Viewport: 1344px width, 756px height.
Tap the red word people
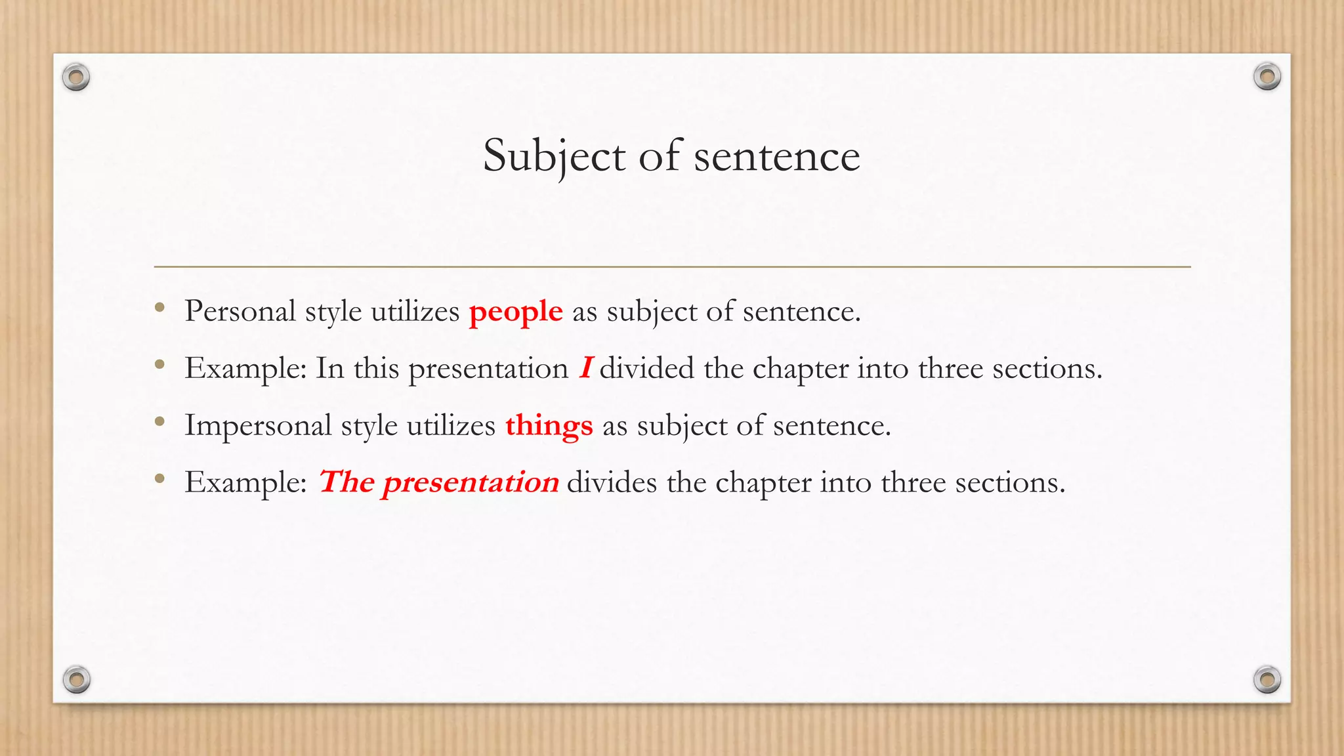(x=516, y=311)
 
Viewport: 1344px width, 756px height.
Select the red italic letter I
(x=586, y=367)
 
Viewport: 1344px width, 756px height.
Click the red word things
(x=549, y=425)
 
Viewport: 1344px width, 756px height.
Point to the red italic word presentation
(x=471, y=482)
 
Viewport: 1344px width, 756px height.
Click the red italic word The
(x=346, y=482)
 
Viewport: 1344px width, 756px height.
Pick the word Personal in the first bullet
(x=240, y=311)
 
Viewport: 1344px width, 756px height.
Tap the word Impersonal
(x=258, y=425)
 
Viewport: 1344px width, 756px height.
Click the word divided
(x=646, y=368)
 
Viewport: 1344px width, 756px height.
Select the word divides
(x=612, y=482)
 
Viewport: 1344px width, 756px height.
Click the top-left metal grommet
(x=76, y=77)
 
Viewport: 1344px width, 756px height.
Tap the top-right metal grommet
(x=1267, y=77)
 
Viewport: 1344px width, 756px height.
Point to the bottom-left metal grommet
(x=76, y=679)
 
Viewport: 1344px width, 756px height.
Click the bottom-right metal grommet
(x=1267, y=679)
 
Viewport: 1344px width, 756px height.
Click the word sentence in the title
(x=777, y=156)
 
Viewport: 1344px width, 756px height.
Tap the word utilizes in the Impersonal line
(x=451, y=425)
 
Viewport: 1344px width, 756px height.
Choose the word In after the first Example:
(x=330, y=368)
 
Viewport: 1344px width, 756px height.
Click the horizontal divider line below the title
(x=672, y=267)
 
